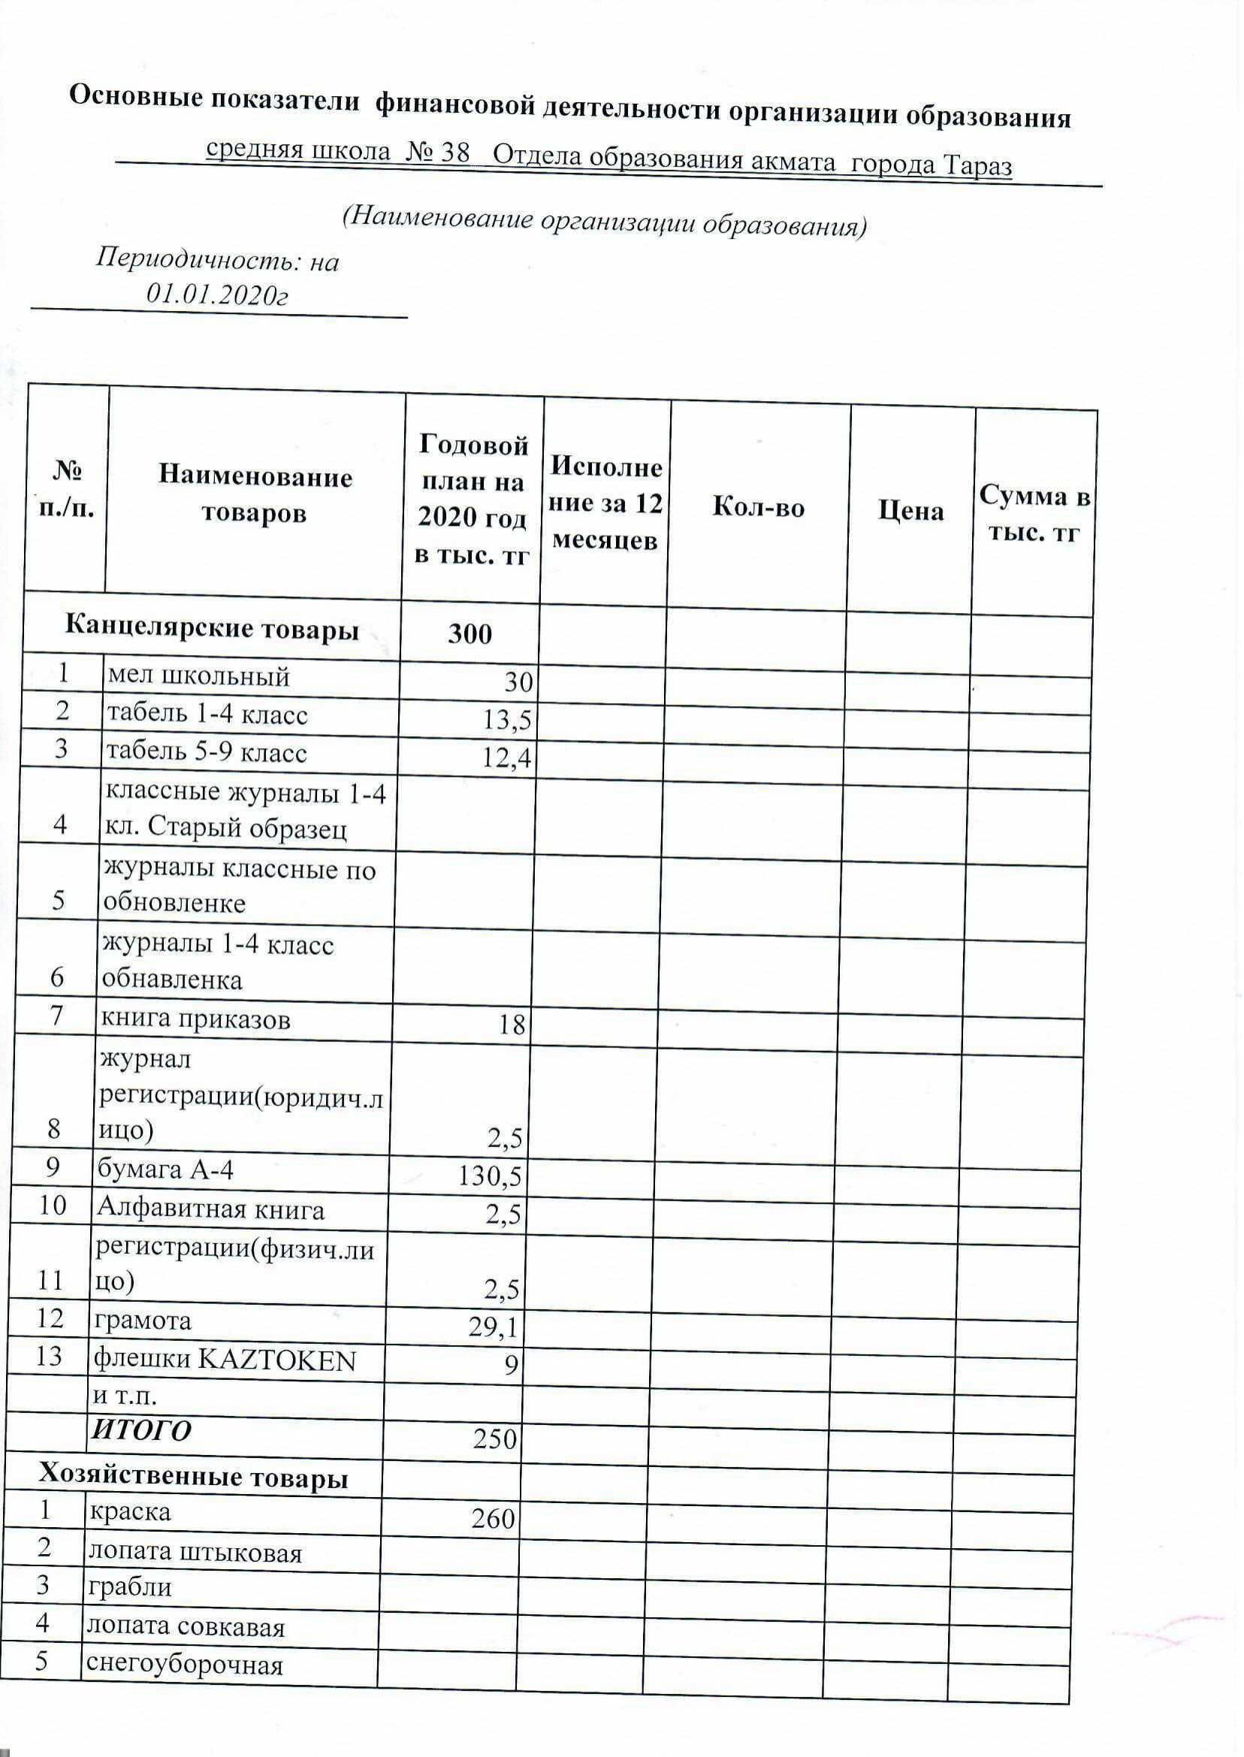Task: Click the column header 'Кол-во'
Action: coord(759,508)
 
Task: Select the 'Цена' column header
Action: coord(910,511)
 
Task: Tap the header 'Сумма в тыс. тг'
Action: coord(1034,513)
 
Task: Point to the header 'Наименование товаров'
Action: coord(255,495)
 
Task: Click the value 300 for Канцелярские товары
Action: coord(470,634)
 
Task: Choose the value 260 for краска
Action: coord(494,1517)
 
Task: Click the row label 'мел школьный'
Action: coord(198,676)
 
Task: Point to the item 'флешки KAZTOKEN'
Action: coord(225,1360)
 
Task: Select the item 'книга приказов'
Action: coord(195,1019)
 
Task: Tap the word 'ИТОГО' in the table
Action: coord(141,1430)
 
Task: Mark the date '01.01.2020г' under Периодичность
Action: coord(218,295)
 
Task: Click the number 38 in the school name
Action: coord(456,153)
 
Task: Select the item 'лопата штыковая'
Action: coord(195,1553)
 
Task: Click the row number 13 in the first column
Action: coord(48,1357)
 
